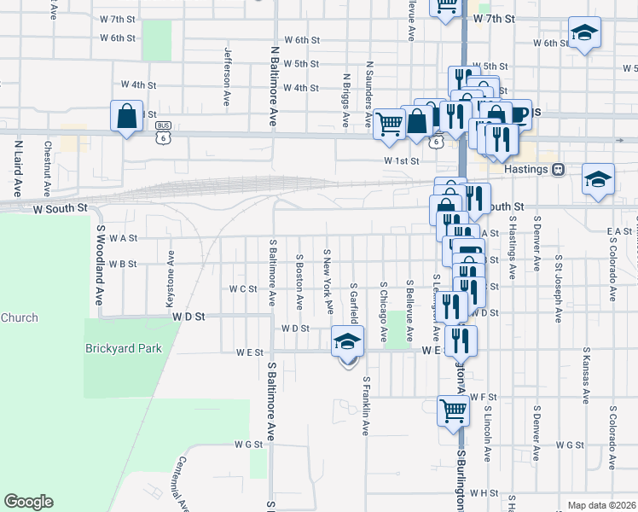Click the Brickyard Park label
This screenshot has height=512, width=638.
click(x=123, y=348)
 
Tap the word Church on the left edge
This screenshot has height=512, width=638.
click(x=19, y=318)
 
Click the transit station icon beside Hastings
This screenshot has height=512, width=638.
click(x=559, y=169)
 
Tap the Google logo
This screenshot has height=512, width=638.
click(x=28, y=502)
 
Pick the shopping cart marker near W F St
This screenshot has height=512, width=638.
click(x=453, y=410)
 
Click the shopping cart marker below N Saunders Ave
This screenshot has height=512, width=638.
click(x=389, y=123)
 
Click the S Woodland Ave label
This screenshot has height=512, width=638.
click(x=99, y=265)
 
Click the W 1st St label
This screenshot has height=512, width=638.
click(x=402, y=160)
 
